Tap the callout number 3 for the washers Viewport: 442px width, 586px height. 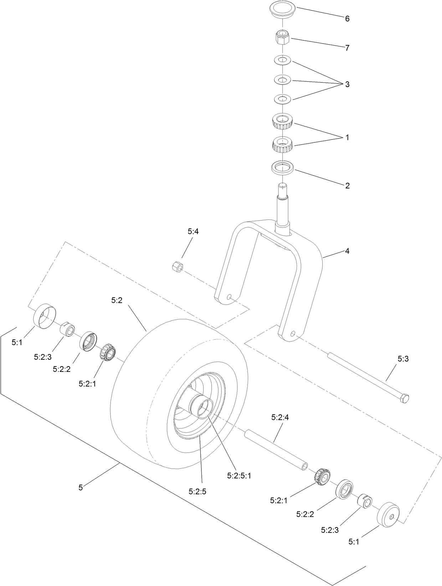tap(347, 85)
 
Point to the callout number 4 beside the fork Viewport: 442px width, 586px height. tap(347, 251)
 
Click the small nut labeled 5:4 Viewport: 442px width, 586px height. tap(177, 267)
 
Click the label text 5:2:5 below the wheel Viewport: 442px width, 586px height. tap(197, 492)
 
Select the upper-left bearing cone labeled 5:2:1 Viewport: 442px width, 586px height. tap(106, 353)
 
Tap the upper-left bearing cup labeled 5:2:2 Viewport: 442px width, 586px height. tap(88, 342)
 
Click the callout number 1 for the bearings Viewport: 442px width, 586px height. tap(347, 137)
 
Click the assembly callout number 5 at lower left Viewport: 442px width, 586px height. tap(81, 487)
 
